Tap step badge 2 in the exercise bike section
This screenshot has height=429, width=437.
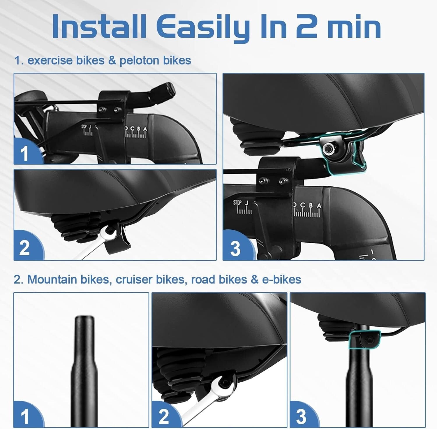(x=25, y=248)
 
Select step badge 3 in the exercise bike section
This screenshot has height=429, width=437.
(x=235, y=248)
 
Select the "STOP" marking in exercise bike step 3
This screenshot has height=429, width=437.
(x=237, y=203)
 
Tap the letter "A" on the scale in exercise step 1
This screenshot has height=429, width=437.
(x=145, y=129)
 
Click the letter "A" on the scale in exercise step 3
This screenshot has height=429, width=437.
(x=319, y=206)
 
